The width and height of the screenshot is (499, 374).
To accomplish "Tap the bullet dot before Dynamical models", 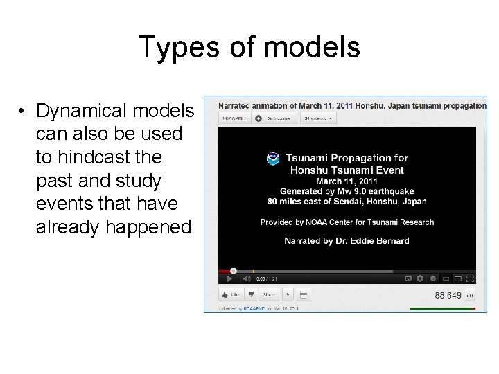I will [23, 112].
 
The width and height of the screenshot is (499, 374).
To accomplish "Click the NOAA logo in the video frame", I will [273, 159].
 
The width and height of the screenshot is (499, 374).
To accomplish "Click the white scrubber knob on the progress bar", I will [233, 271].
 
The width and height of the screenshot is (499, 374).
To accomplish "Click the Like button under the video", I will [231, 294].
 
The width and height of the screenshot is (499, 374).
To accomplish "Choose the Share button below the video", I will [270, 294].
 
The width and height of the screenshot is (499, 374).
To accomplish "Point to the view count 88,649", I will [448, 295].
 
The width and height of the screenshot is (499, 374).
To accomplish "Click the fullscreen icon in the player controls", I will [470, 278].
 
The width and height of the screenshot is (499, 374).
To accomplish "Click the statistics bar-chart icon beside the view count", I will [470, 295].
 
